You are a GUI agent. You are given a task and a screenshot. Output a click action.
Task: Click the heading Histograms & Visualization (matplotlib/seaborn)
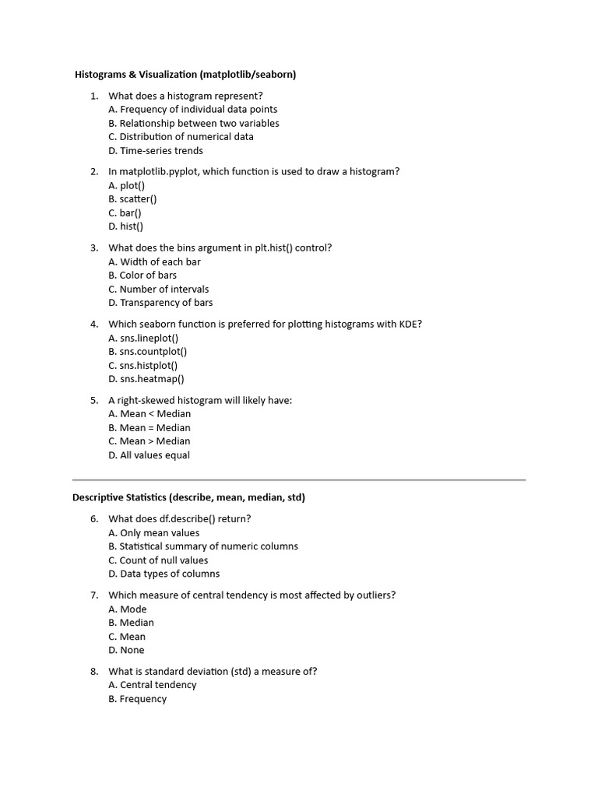coord(185,75)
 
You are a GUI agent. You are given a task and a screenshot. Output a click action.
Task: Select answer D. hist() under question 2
coord(126,226)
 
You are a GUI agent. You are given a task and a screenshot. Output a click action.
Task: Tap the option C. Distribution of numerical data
coord(181,137)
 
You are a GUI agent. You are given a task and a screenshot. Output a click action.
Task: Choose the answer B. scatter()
coord(132,199)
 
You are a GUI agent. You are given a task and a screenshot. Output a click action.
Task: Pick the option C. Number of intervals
coord(159,290)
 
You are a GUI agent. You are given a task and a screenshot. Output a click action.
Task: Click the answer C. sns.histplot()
coord(143,366)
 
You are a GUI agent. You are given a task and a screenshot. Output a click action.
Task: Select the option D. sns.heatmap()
coord(146,379)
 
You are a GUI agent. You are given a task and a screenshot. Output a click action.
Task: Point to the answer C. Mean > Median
coord(149,441)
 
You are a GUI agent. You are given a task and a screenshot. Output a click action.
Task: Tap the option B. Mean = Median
coord(149,428)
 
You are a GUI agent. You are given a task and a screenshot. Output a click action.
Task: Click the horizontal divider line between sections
coord(299,480)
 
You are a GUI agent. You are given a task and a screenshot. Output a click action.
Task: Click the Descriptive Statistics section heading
coord(188,497)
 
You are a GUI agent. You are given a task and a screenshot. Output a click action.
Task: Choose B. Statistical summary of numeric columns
coord(203,546)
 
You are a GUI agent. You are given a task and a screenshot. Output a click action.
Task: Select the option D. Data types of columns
coord(164,574)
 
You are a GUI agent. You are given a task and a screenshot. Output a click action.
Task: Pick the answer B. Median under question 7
coord(132,623)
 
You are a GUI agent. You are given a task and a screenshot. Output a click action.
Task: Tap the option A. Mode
coord(128,609)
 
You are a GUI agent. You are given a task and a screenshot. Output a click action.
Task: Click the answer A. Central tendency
coord(153,685)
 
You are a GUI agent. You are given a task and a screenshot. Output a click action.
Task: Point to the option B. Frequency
coord(138,699)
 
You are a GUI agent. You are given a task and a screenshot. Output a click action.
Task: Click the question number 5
coord(93,400)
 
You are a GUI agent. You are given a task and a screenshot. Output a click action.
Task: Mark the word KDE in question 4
coord(410,324)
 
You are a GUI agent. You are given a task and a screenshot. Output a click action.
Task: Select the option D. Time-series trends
coord(156,151)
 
